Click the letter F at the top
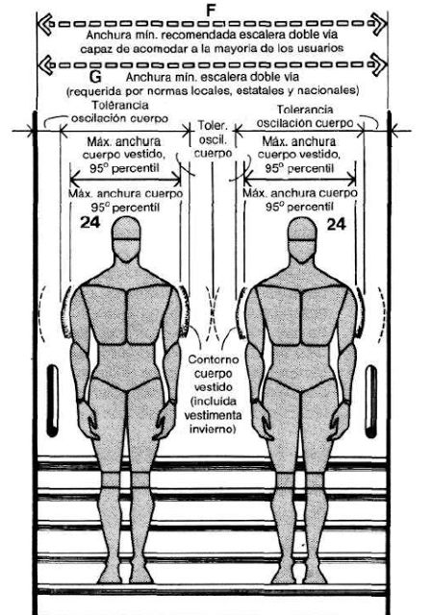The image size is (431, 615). [x=211, y=11]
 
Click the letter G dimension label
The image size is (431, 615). [x=95, y=77]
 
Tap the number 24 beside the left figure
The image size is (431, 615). [x=90, y=222]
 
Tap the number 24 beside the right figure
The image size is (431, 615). [x=337, y=224]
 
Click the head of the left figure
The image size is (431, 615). [x=126, y=239]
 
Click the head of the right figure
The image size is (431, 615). [x=301, y=239]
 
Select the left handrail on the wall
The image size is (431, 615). [x=52, y=401]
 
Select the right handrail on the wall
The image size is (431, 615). [x=371, y=402]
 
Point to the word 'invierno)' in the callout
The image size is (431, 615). [x=213, y=429]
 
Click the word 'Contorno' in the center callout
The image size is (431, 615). [x=214, y=359]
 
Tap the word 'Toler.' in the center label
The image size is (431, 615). [x=213, y=126]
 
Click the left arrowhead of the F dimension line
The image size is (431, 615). [x=45, y=24]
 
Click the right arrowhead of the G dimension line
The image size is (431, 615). [x=379, y=64]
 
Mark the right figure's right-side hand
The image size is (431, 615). [x=340, y=420]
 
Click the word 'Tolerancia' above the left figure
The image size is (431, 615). [x=120, y=105]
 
